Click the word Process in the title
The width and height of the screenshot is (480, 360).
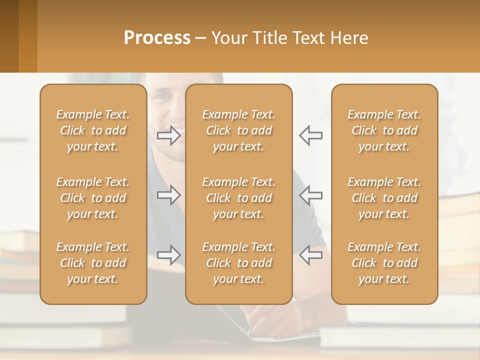157,38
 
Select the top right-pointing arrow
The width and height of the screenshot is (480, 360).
168,135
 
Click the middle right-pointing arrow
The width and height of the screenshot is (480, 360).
168,195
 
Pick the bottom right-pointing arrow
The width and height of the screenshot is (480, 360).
168,255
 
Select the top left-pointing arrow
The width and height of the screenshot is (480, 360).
310,135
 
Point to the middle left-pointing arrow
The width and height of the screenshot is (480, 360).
310,195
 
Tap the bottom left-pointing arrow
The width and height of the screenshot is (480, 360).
310,255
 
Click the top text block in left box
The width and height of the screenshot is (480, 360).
93,130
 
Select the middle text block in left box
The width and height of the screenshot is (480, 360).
93,198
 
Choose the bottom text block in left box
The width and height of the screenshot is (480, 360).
93,263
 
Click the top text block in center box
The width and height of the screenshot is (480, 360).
239,130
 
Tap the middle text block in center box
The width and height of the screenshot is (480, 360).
239,198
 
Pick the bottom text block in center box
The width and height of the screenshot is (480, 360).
239,263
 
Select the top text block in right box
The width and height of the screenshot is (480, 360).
384,130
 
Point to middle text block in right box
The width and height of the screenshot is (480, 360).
384,198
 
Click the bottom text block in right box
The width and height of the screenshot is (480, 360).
384,263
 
